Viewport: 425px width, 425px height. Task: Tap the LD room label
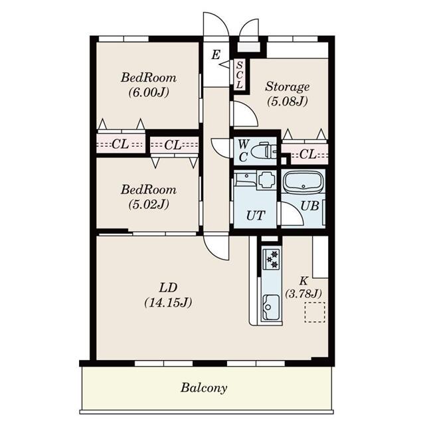tap(167, 288)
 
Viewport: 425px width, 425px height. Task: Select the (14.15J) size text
tap(167, 303)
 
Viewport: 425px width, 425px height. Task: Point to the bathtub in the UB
tap(302, 183)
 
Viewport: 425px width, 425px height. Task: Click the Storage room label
tap(288, 86)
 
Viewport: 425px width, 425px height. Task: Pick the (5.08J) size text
tap(288, 102)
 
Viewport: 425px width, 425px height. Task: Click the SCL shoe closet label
tap(240, 74)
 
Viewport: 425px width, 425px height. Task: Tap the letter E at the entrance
tap(216, 54)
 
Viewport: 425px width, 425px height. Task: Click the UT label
tap(255, 215)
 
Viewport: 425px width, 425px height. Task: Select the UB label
tap(309, 205)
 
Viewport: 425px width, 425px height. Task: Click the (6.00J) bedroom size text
tap(149, 92)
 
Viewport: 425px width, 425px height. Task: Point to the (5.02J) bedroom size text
tap(149, 204)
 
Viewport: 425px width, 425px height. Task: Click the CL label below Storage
tap(307, 155)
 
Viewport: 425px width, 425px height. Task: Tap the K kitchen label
tap(302, 280)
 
